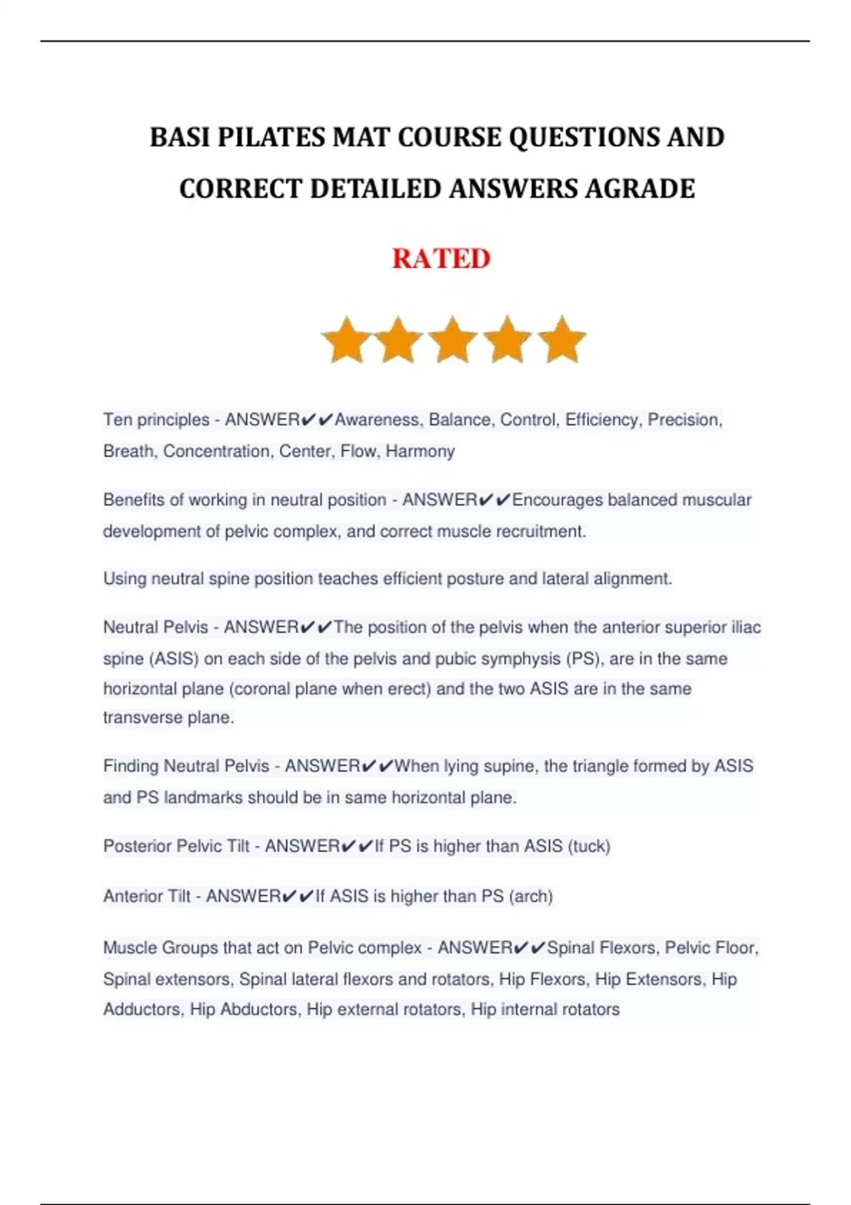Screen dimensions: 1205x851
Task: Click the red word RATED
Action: tap(440, 259)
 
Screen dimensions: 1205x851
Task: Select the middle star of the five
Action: tap(453, 340)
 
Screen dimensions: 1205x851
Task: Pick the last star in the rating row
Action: tap(562, 340)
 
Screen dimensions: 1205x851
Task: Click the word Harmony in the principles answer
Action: tap(420, 452)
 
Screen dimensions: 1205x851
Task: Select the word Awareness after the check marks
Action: tap(377, 420)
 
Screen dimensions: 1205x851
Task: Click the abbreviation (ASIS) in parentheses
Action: tap(173, 659)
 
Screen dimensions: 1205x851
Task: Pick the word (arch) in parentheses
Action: tap(531, 897)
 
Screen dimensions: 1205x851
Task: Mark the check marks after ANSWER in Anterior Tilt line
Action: tap(298, 897)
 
